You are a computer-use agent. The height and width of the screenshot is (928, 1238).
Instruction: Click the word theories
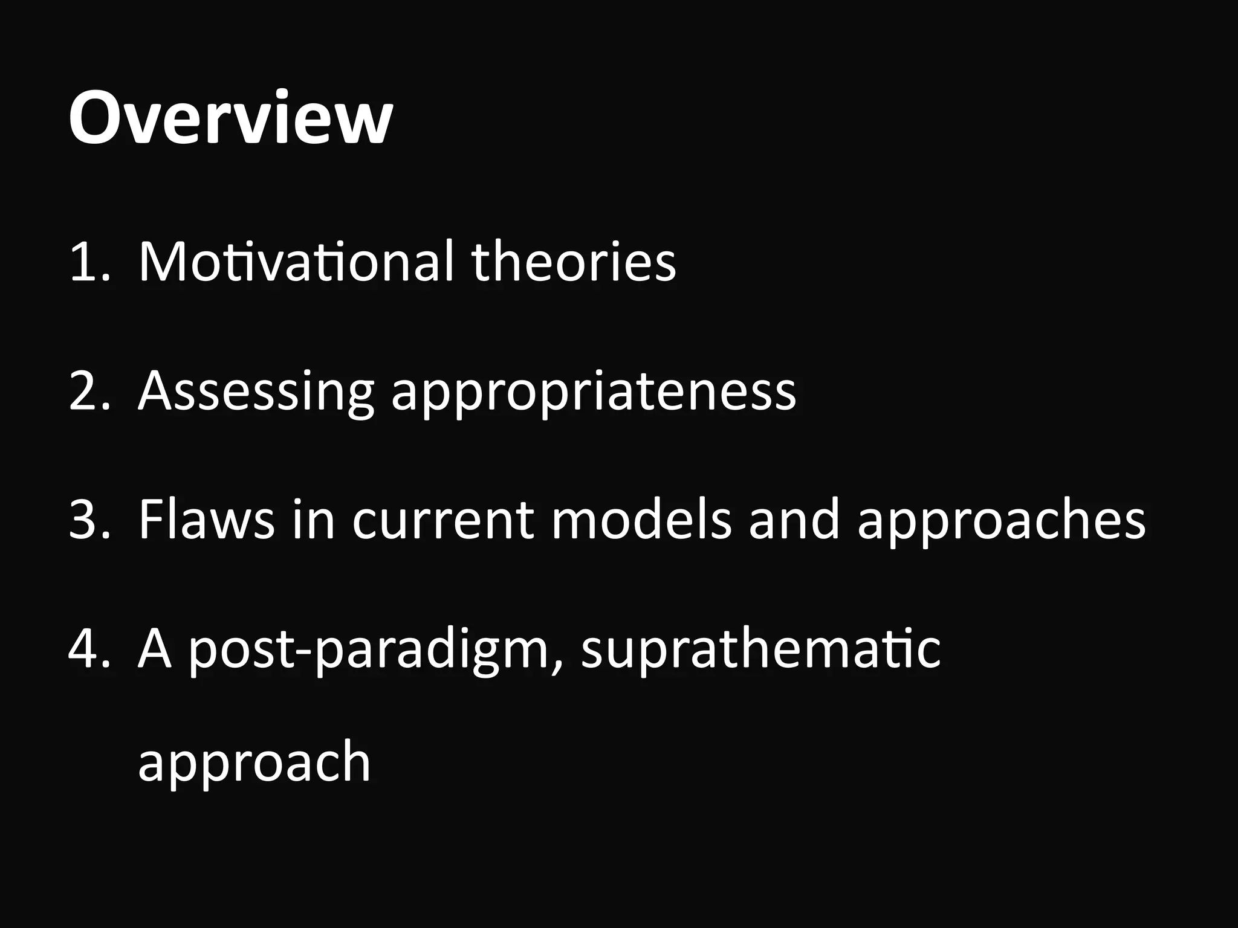click(x=574, y=262)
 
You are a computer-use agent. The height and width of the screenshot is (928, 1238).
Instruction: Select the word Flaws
click(x=206, y=519)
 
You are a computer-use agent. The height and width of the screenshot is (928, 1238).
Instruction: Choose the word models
click(x=641, y=519)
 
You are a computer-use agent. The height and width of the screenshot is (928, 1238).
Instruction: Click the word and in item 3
click(x=794, y=519)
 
